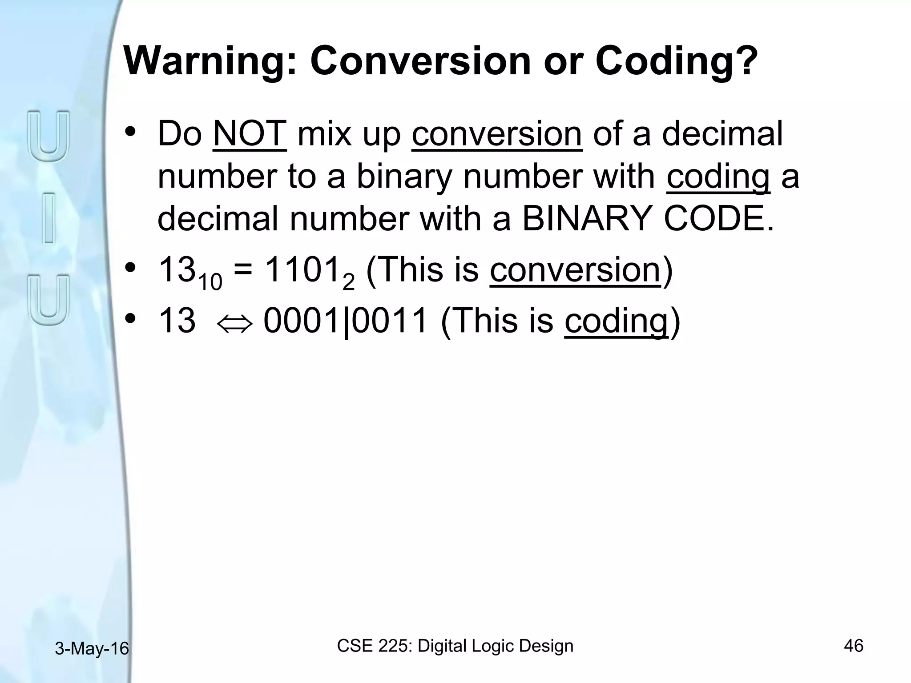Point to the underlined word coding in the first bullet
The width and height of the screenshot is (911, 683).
coord(718,177)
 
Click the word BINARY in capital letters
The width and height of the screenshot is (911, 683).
coord(587,219)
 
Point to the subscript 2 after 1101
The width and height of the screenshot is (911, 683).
coord(349,283)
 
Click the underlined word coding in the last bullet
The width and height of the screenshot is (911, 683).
coord(616,321)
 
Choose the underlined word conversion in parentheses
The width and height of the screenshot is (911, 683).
coord(575,271)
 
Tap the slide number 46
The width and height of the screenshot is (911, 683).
coord(853,646)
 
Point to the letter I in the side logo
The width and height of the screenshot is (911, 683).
coord(49,218)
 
